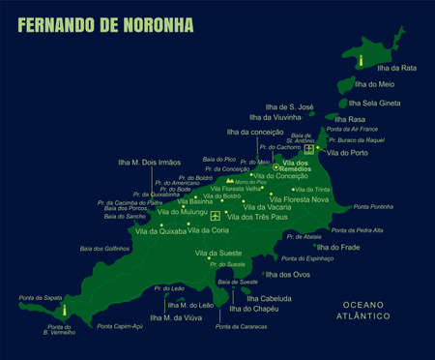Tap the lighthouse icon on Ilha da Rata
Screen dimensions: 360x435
coord(361,60)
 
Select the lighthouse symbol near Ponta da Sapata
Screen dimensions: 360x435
coord(65,312)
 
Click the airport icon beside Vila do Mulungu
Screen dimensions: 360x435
coord(215,215)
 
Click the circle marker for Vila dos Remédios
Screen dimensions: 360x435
coord(276,167)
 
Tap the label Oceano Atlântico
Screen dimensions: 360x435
coord(365,311)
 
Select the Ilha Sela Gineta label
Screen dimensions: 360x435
coord(374,103)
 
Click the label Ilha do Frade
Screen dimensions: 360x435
coord(338,247)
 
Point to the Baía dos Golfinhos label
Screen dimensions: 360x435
coord(104,249)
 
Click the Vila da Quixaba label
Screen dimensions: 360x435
coord(160,231)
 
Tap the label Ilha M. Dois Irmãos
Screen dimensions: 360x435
coord(149,163)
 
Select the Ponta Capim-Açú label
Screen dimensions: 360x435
coord(120,326)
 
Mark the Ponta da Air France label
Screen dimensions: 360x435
coord(352,129)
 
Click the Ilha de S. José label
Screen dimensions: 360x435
coord(290,106)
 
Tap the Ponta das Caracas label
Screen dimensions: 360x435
coord(242,327)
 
